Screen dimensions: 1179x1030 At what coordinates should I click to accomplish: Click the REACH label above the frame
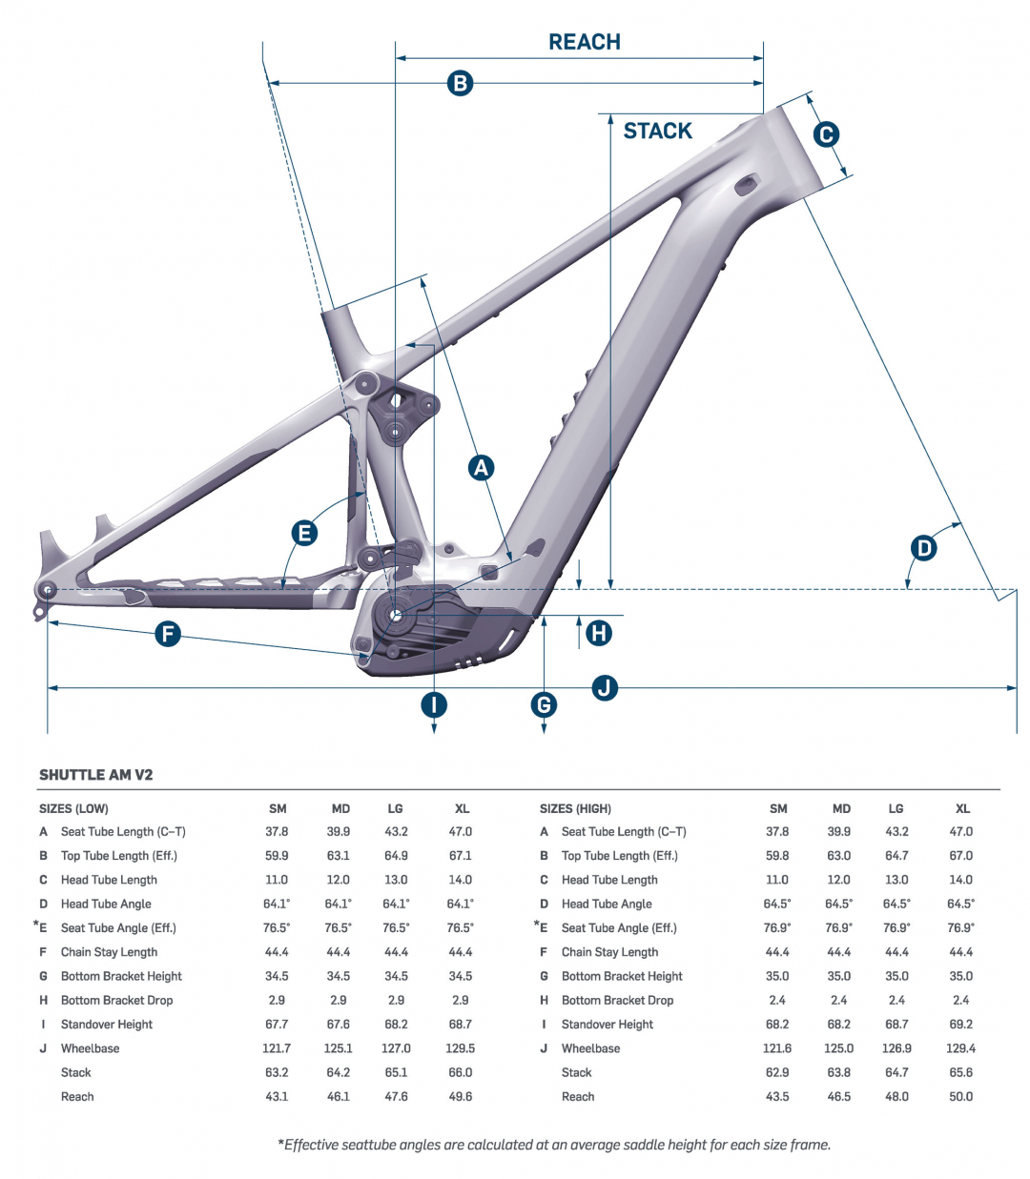point(585,42)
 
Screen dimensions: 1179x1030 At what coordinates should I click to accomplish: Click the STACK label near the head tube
point(657,132)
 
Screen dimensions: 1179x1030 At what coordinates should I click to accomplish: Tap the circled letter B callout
point(460,83)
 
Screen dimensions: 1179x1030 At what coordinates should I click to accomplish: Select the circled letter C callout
point(826,134)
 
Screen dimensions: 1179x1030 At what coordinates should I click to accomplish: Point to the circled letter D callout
point(923,548)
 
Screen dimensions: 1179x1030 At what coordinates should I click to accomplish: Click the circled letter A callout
point(481,467)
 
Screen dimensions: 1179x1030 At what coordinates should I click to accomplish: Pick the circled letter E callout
point(304,533)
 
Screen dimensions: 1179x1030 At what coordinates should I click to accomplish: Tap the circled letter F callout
point(168,634)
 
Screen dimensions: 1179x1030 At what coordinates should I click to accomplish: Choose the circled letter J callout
point(605,687)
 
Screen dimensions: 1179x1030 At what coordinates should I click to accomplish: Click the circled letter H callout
point(599,633)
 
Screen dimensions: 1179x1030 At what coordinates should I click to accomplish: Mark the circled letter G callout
point(544,705)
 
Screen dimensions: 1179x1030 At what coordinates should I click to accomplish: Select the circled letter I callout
point(434,705)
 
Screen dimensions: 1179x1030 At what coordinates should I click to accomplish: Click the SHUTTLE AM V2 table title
point(95,775)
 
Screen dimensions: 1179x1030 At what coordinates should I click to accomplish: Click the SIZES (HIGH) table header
point(575,808)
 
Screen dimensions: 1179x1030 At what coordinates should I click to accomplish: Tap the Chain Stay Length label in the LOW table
point(109,952)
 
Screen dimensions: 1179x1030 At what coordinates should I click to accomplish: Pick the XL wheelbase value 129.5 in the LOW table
point(460,1048)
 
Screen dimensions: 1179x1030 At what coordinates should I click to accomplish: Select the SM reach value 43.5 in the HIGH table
point(777,1096)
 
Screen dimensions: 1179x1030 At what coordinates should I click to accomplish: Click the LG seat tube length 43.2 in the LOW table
point(396,832)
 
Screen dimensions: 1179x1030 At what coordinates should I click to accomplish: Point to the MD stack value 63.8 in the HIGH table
point(839,1072)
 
